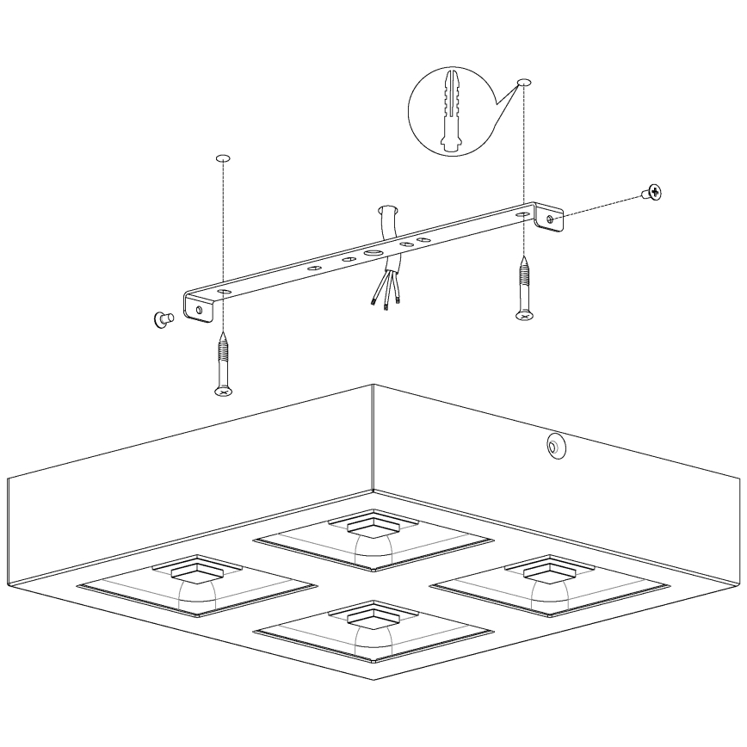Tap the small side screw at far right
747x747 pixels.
coord(651,194)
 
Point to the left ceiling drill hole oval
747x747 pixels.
coord(222,158)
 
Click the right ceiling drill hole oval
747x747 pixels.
coord(524,83)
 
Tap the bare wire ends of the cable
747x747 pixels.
coord(381,299)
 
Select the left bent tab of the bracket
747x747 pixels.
coord(200,309)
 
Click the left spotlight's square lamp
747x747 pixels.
coord(196,571)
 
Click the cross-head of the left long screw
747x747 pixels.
coord(223,392)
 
